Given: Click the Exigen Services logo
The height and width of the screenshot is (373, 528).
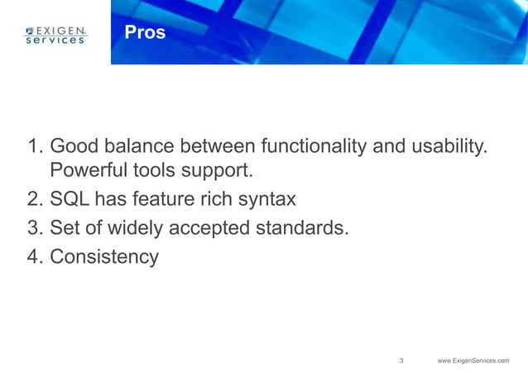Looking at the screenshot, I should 55,34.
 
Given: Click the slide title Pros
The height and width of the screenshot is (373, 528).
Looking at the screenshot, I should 145,32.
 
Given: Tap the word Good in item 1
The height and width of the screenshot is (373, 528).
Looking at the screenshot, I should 74,146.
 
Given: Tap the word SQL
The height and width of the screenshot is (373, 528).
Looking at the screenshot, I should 70,199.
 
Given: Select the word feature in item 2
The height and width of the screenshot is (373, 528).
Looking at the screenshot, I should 172,199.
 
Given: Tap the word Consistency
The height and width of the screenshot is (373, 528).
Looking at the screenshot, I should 104,256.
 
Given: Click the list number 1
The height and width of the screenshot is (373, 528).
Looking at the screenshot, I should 35,146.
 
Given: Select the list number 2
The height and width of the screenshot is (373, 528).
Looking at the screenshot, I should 35,199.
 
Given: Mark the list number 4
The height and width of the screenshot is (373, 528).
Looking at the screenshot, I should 35,256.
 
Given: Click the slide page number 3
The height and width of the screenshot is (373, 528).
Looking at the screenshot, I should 401,361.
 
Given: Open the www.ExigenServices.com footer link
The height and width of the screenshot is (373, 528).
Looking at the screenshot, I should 473,361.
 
